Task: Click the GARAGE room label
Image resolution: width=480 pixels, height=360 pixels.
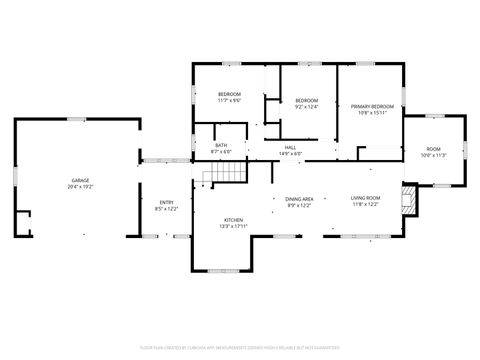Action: [x=78, y=180]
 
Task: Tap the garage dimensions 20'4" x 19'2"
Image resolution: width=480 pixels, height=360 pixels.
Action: [x=78, y=187]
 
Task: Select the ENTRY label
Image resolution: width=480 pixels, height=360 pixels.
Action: [x=166, y=202]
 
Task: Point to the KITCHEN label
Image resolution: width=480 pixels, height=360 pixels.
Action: [x=233, y=219]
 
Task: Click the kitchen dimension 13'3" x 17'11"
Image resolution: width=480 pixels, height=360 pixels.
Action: [x=233, y=226]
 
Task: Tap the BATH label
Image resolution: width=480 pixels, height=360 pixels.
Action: [x=221, y=146]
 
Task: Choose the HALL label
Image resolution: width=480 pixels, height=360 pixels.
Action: [x=290, y=146]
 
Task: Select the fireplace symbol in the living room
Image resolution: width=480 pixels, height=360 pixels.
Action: [x=407, y=199]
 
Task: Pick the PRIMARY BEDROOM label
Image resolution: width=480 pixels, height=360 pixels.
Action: [x=372, y=106]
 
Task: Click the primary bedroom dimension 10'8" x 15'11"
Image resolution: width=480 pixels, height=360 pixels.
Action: [x=372, y=113]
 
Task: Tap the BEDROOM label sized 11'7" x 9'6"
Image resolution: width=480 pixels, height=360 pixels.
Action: [x=230, y=94]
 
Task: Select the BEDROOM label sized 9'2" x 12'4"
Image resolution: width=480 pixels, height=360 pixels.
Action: [x=306, y=100]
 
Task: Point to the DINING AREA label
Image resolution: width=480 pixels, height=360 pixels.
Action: [x=300, y=198]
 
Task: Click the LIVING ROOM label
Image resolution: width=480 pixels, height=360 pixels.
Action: [x=365, y=198]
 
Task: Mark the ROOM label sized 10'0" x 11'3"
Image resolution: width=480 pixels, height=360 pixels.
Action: [x=434, y=148]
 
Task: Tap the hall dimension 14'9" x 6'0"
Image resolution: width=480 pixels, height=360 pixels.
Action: [x=290, y=153]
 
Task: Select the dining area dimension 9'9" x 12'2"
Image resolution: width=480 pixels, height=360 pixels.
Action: [x=300, y=205]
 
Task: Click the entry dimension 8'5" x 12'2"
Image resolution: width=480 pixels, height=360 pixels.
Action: [x=166, y=209]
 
